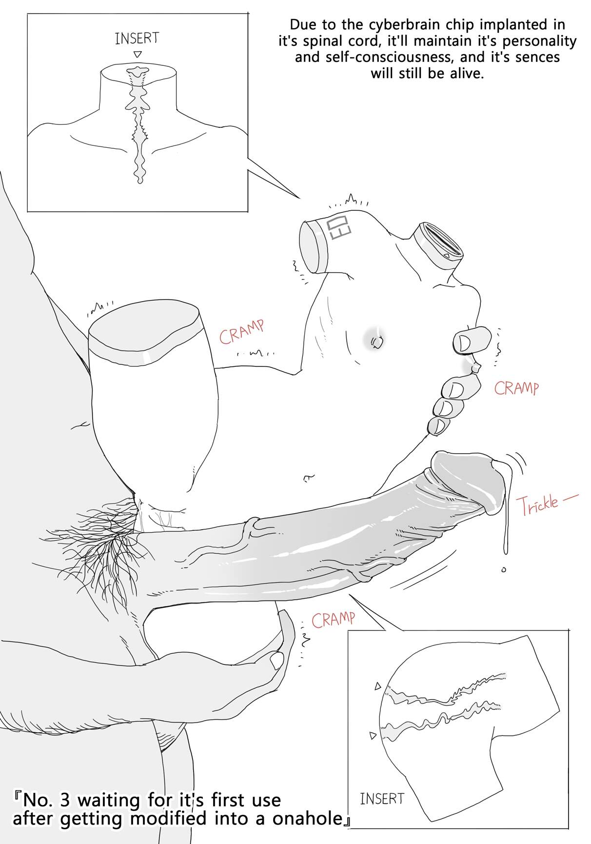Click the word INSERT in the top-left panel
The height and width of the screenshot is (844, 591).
click(137, 39)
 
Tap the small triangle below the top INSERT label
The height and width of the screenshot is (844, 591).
click(138, 54)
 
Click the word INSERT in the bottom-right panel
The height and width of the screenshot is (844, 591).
click(382, 799)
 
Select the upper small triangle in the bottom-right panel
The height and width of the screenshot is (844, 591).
click(377, 686)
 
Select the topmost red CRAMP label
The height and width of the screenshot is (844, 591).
click(242, 332)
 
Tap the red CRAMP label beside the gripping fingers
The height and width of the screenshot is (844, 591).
click(517, 388)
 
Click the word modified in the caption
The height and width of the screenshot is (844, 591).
click(162, 818)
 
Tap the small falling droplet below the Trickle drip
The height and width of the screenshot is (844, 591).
click(504, 569)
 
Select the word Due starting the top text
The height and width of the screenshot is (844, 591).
click(302, 24)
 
